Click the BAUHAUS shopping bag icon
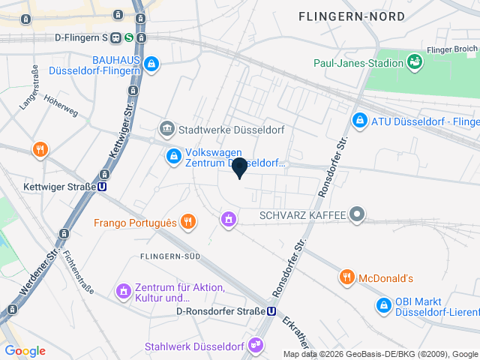pyautogui.click(x=152, y=65)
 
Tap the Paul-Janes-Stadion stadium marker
pyautogui.click(x=413, y=61)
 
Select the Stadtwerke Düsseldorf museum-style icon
pyautogui.click(x=167, y=129)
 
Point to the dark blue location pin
pyautogui.click(x=239, y=166)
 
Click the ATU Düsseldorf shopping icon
pyautogui.click(x=360, y=120)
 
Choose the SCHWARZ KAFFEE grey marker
pyautogui.click(x=358, y=215)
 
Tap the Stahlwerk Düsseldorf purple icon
pyautogui.click(x=257, y=346)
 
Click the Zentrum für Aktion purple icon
pyautogui.click(x=123, y=290)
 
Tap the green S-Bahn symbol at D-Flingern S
pyautogui.click(x=129, y=37)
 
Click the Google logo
pyautogui.click(x=25, y=350)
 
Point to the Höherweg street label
pyautogui.click(x=61, y=108)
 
